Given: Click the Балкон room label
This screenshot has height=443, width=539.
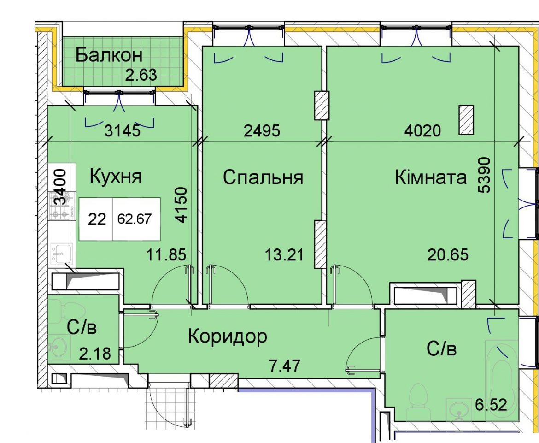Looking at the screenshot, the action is pos(109,55).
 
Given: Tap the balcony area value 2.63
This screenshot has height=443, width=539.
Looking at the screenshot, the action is pos(141,75).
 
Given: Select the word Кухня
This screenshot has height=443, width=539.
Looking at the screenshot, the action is pos(116,177).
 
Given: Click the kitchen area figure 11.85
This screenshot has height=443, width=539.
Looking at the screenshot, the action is pos(166,255).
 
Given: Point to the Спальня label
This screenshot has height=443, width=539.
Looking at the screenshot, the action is pos(263,178).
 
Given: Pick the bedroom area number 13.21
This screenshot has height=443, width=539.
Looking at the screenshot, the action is pos(284,255).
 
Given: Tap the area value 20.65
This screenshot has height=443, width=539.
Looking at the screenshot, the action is pos(448,255).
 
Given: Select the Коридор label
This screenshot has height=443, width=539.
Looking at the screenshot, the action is pos(227,337).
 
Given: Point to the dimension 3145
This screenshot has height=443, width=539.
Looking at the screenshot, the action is pos(123,131).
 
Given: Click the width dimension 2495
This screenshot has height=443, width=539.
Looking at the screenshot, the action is pos(262,131).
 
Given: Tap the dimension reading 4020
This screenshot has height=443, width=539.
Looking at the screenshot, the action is pos(422,131).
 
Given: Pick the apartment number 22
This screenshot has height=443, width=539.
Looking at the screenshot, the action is pos(97,219).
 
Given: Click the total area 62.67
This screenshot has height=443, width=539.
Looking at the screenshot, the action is pos(135,219).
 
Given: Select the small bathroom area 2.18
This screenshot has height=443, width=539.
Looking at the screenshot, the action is pos(95,354).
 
